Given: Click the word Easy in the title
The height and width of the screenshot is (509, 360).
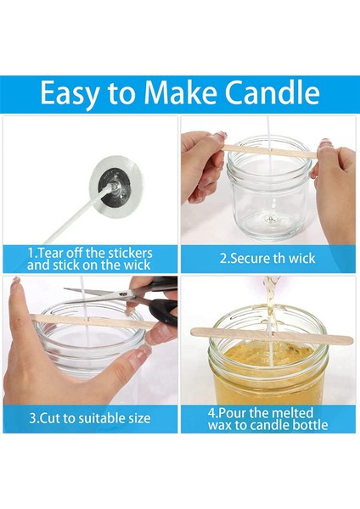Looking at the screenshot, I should pos(71,91).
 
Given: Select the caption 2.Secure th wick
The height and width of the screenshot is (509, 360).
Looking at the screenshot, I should pos(267,258).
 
